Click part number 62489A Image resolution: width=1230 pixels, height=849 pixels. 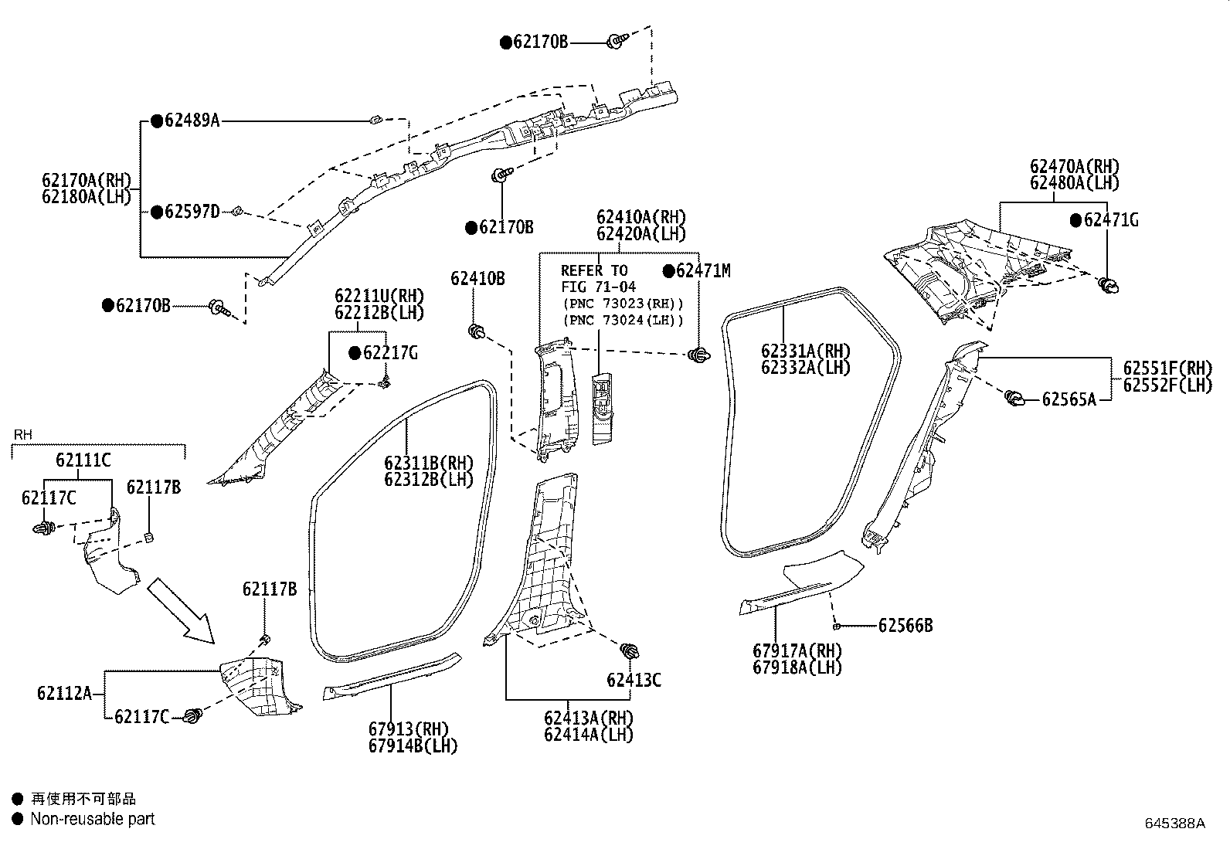click(192, 120)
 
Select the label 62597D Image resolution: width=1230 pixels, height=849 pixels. click(192, 212)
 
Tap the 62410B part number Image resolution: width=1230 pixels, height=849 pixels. click(477, 279)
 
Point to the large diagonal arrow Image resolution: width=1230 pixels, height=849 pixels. click(179, 610)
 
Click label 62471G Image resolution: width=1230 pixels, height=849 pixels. click(1110, 220)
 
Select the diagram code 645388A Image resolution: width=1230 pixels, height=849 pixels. click(1174, 823)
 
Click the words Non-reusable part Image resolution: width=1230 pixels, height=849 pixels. click(92, 819)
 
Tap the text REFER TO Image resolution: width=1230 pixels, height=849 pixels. click(594, 270)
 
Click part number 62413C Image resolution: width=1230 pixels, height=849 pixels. click(634, 680)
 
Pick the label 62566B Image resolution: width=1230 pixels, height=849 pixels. click(905, 625)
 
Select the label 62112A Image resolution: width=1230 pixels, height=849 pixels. click(64, 693)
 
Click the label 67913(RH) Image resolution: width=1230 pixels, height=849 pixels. click(409, 728)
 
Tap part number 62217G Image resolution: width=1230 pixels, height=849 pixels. click(390, 353)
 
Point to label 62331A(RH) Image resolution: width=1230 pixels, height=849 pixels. click(805, 351)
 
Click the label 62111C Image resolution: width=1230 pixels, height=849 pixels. click(83, 460)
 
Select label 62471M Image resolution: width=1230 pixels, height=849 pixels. click(702, 270)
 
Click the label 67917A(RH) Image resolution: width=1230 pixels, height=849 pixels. click(797, 650)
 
